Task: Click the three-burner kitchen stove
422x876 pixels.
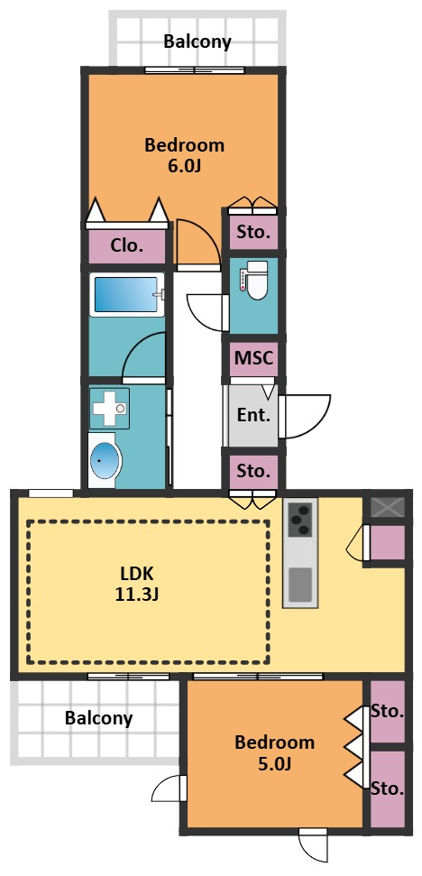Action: (x=300, y=520)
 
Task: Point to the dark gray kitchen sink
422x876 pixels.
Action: (x=299, y=584)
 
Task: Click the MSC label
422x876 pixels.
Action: (x=254, y=357)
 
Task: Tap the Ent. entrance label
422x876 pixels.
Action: (x=253, y=415)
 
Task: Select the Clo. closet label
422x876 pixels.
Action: (x=128, y=244)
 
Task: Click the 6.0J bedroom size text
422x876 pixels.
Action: (x=184, y=167)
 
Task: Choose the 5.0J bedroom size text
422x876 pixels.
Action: (x=274, y=763)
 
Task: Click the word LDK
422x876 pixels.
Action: (x=137, y=573)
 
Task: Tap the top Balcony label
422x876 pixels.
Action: (x=197, y=41)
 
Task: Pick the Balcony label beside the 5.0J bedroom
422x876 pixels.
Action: (x=99, y=718)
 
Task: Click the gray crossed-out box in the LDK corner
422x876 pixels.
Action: (x=388, y=507)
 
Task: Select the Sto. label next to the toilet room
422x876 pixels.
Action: (x=254, y=232)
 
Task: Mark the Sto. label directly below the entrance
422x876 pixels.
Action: (x=254, y=471)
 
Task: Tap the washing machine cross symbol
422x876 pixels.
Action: (x=110, y=409)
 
